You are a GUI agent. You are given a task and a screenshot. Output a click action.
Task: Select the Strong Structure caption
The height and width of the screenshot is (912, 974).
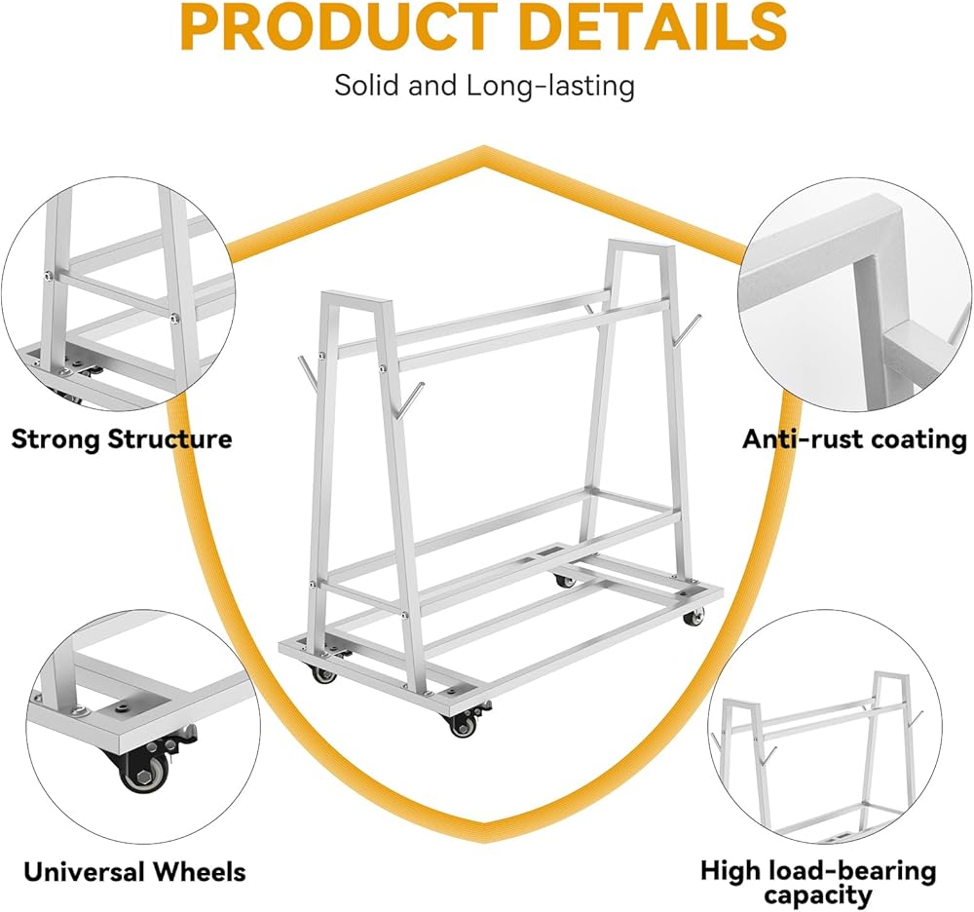pos(122,438)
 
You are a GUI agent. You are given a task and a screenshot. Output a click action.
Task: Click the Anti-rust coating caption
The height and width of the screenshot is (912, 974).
pos(854,438)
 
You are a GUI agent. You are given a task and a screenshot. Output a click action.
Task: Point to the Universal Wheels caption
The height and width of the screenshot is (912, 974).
pos(134,871)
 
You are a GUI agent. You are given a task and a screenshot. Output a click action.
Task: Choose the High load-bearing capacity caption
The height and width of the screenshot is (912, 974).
pos(817,883)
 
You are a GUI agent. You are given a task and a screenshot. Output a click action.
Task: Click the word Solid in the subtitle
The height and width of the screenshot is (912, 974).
pos(366,85)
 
